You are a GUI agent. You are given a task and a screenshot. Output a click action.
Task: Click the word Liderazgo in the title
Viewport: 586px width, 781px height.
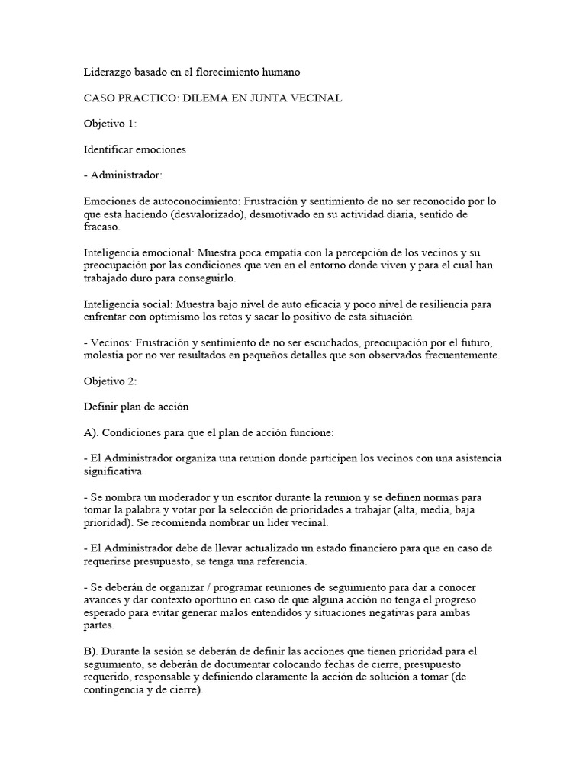click(108, 72)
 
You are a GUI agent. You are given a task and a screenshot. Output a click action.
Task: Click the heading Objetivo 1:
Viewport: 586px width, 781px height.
click(110, 124)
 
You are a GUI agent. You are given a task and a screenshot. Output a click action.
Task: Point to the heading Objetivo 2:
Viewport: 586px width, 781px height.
click(110, 381)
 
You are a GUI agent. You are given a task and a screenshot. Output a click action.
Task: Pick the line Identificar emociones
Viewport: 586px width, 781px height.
click(134, 149)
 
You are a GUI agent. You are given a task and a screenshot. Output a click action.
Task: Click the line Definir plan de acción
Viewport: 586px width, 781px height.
click(136, 407)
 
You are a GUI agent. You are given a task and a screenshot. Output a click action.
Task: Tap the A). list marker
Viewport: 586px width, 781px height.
click(92, 432)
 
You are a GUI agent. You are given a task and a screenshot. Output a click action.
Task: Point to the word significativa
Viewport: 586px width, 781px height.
click(114, 471)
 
